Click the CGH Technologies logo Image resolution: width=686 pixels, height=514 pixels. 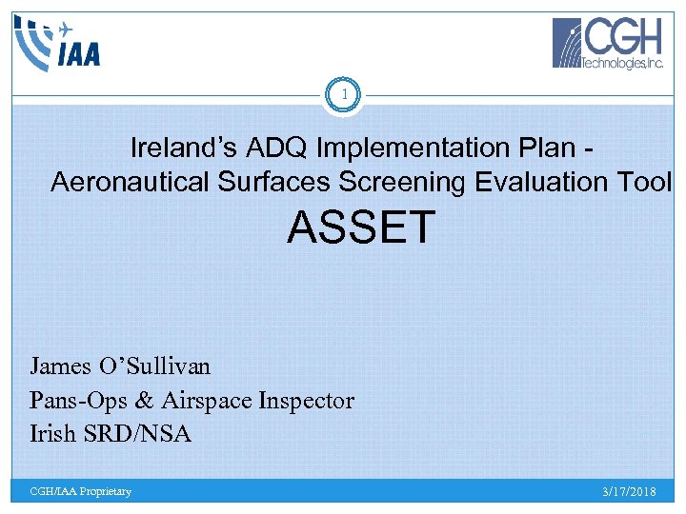pyautogui.click(x=609, y=44)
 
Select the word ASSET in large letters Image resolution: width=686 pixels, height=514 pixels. pyautogui.click(x=361, y=228)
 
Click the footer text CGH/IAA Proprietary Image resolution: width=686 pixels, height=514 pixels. pyautogui.click(x=81, y=491)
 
